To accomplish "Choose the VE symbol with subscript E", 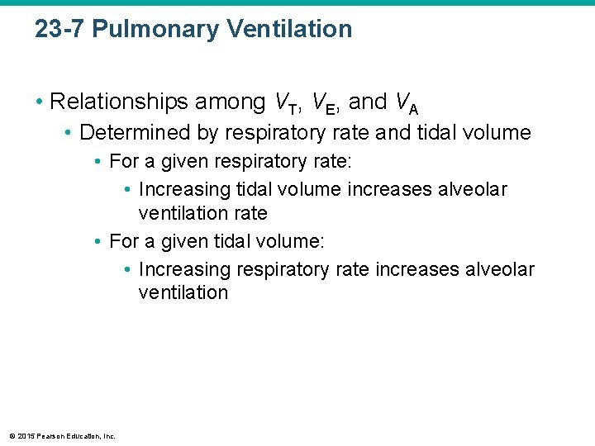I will (x=327, y=104).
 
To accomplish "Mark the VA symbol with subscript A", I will (x=406, y=104).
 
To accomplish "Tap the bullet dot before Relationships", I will (x=40, y=102).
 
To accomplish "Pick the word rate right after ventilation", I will (x=250, y=213).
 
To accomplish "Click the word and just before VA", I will (x=368, y=102).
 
